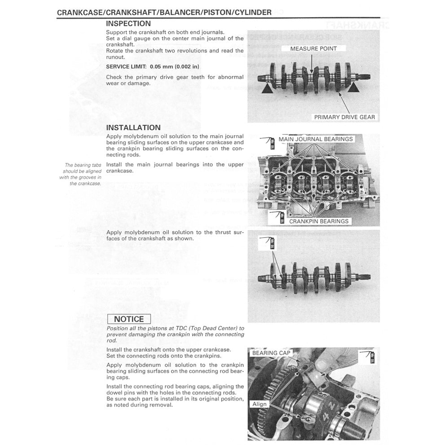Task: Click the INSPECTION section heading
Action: pyautogui.click(x=128, y=24)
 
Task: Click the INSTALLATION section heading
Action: pyautogui.click(x=133, y=128)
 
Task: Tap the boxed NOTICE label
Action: pyautogui.click(x=129, y=319)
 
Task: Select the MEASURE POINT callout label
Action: pyautogui.click(x=313, y=48)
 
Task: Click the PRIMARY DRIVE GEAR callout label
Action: pyautogui.click(x=344, y=117)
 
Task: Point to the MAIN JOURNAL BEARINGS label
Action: pyautogui.click(x=315, y=139)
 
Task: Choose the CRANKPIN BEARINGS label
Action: pyautogui.click(x=318, y=221)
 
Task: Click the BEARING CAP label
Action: pyautogui.click(x=271, y=353)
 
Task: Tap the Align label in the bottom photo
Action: pyautogui.click(x=259, y=404)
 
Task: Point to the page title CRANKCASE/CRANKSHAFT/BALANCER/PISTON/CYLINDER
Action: pyautogui.click(x=164, y=13)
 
